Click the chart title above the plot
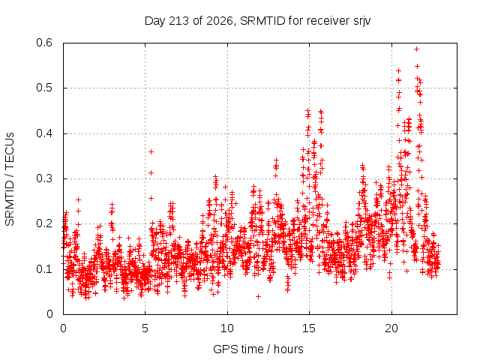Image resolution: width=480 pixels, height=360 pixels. (257, 21)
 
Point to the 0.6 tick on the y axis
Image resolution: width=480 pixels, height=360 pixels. (44, 43)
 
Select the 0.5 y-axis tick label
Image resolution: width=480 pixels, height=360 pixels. (44, 88)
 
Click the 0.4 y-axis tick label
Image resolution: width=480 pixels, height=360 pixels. (44, 133)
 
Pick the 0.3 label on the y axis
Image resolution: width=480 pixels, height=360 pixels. (44, 178)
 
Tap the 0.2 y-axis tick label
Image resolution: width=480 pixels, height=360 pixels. (44, 223)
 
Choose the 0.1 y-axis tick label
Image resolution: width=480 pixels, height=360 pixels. (44, 269)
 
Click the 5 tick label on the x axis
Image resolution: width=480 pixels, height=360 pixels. (145, 328)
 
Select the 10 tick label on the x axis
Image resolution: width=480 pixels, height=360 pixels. (227, 328)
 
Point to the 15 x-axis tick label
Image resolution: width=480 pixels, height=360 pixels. (309, 328)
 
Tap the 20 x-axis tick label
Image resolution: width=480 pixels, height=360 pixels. (391, 328)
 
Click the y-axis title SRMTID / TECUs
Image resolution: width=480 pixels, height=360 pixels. (10, 179)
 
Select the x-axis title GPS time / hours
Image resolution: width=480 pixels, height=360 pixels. (258, 349)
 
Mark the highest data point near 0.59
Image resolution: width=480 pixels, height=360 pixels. (416, 49)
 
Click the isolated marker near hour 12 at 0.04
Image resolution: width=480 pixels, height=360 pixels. (258, 296)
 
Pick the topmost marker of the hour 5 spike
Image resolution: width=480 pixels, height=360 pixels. (151, 151)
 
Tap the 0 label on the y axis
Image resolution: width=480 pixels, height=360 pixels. (49, 314)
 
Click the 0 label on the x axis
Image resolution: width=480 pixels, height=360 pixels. (63, 328)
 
